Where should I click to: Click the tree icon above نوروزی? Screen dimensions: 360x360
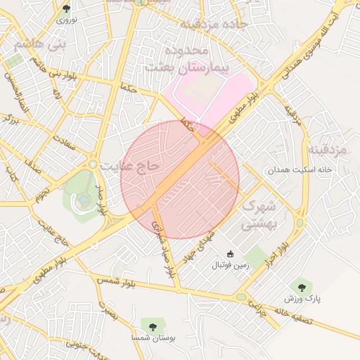pyautogui.click(x=66, y=8)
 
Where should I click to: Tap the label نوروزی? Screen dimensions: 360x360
pyautogui.click(x=66, y=21)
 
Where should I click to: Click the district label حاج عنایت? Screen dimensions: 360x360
pyautogui.click(x=131, y=167)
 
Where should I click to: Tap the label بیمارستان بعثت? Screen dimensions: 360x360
pyautogui.click(x=186, y=67)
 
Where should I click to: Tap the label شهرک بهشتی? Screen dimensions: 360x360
pyautogui.click(x=257, y=216)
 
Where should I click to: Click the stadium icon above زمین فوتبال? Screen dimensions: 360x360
pyautogui.click(x=230, y=254)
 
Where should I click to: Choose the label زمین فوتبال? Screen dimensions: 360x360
pyautogui.click(x=230, y=266)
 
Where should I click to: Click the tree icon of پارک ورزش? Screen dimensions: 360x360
pyautogui.click(x=302, y=286)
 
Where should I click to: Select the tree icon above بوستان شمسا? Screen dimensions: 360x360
pyautogui.click(x=151, y=325)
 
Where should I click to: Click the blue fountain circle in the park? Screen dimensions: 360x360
pyautogui.click(x=84, y=199)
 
